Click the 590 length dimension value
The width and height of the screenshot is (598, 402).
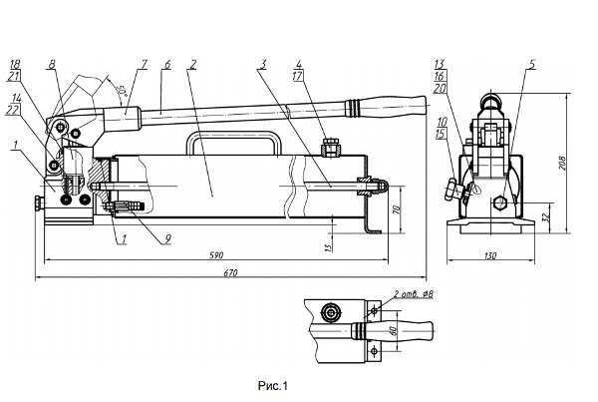tap(215, 256)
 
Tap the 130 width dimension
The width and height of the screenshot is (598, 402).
tap(490, 257)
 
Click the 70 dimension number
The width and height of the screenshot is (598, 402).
tap(397, 209)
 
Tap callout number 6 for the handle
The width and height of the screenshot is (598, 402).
tap(167, 64)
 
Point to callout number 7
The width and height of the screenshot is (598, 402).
tap(143, 64)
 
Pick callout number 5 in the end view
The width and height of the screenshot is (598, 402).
tap(533, 64)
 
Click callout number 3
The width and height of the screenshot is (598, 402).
tap(262, 64)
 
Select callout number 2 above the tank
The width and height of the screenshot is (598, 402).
tap(191, 64)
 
